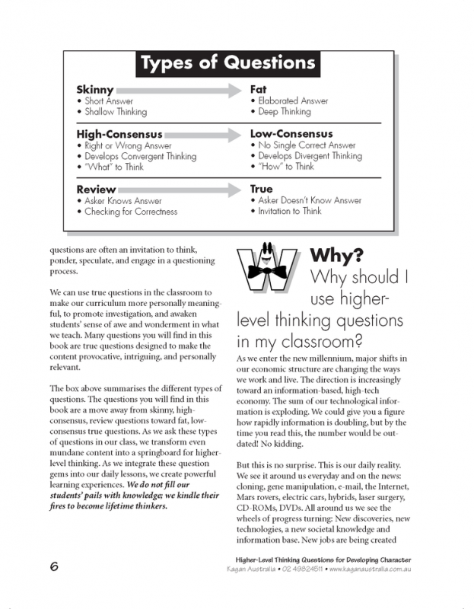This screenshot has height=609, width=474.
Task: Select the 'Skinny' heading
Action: coord(95,90)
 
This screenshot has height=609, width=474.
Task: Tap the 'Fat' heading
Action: coord(258,90)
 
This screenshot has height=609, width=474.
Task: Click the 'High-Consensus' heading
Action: coord(119,135)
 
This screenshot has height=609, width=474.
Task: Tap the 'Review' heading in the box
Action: coord(96,189)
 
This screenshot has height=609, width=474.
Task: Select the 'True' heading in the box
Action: coord(261,189)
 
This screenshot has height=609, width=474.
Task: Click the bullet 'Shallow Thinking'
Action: coord(116,112)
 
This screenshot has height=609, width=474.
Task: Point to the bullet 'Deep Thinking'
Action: coord(284,112)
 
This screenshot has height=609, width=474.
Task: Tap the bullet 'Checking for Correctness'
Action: coord(131,212)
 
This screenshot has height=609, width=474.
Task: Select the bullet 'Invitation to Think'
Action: coord(289,211)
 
